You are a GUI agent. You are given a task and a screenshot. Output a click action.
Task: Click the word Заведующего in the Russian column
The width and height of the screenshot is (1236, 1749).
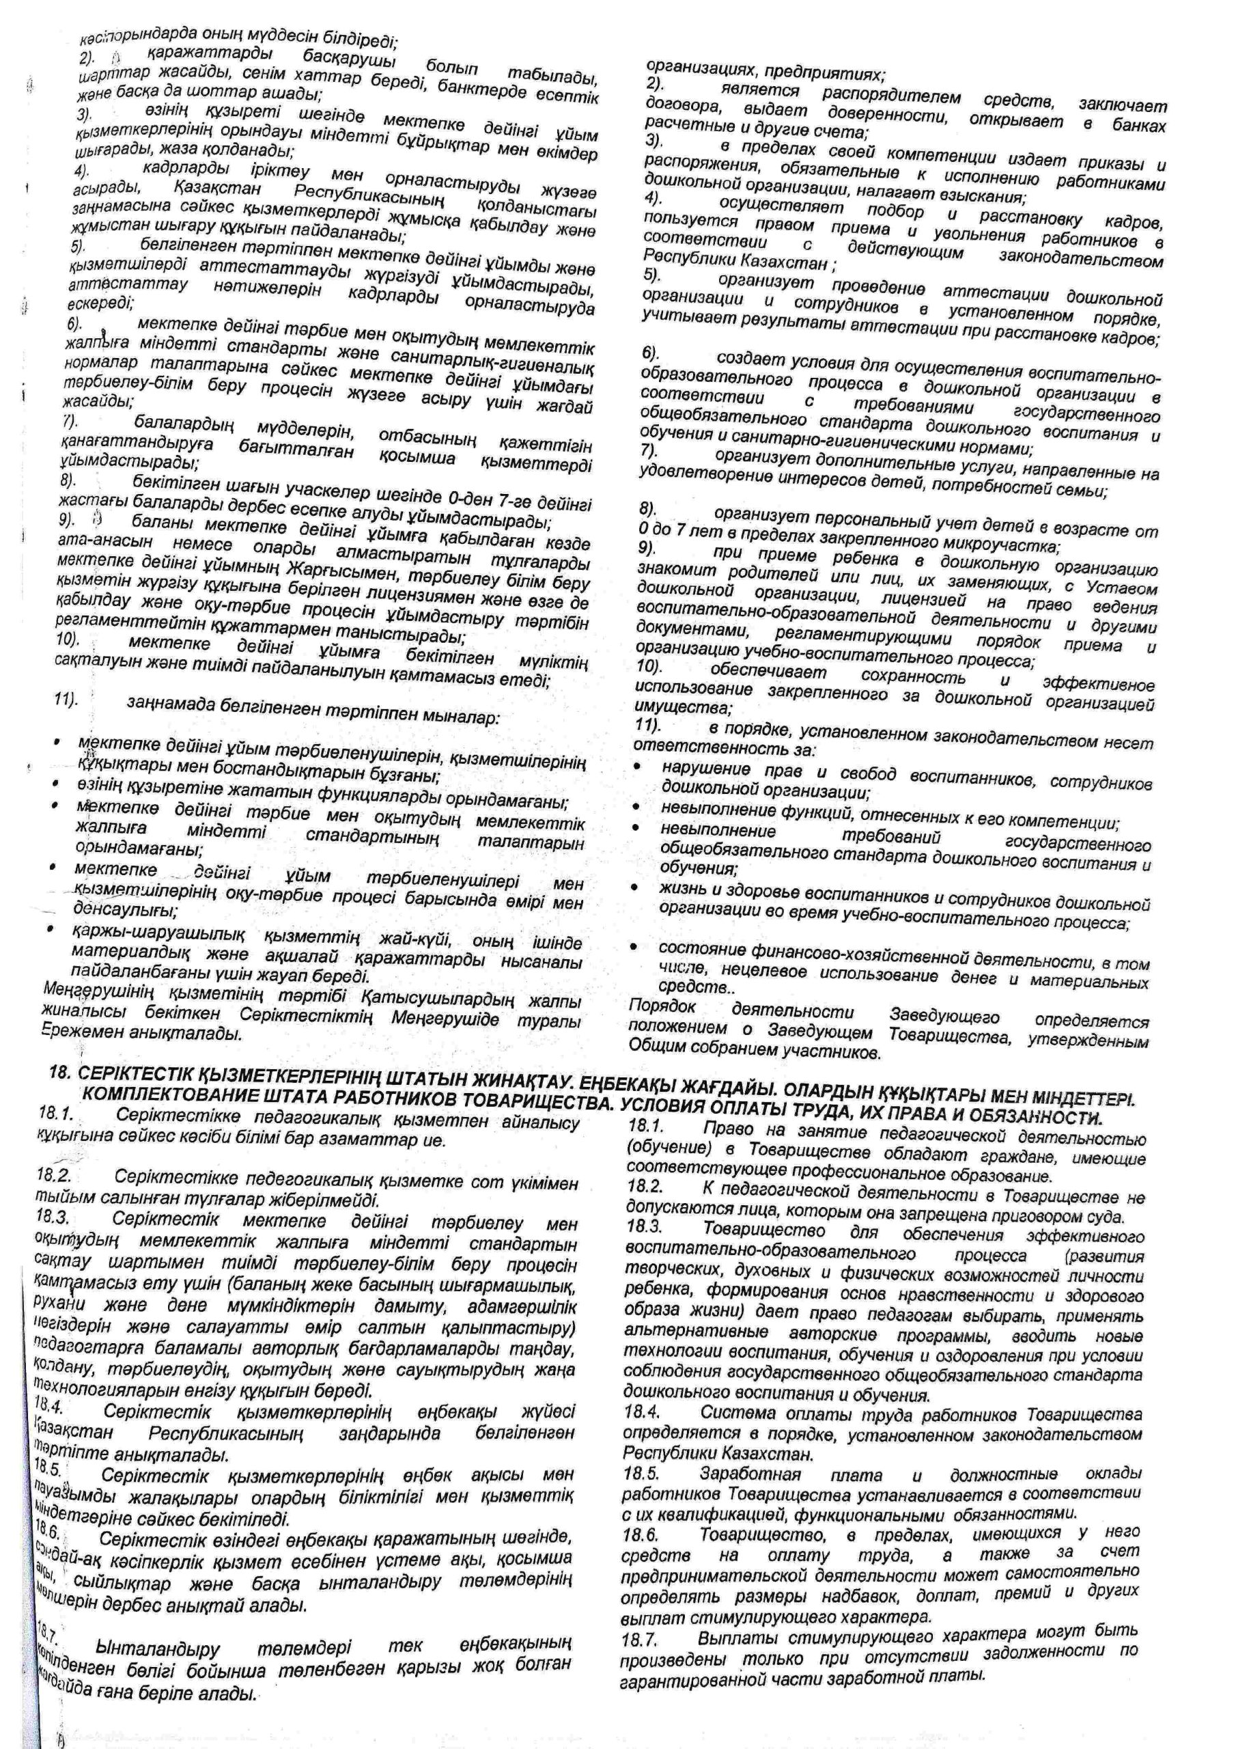pyautogui.click(x=944, y=1016)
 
